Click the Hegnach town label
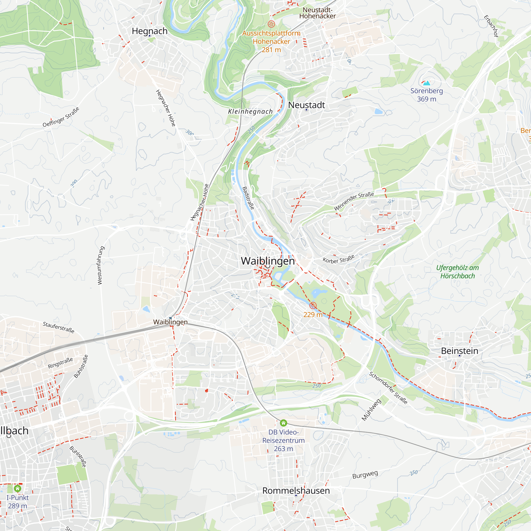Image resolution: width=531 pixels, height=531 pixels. coord(149,31)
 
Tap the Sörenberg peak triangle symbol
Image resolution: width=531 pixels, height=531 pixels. coord(427,83)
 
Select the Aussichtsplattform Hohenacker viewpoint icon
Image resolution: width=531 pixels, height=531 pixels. coord(271,24)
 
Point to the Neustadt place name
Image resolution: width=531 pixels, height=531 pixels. coord(306,105)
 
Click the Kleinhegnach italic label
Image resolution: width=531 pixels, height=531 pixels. coord(250,111)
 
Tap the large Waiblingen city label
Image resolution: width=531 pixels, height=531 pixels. coord(268,261)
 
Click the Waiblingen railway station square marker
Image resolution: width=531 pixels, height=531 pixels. coord(170,318)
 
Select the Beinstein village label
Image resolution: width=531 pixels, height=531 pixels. coord(460,351)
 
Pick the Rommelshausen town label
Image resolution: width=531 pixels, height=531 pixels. coord(296,491)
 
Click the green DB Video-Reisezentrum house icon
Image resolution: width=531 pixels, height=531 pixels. coord(283,423)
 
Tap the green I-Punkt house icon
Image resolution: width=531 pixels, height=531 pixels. coord(18,489)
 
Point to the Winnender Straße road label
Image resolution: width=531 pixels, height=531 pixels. coord(354,202)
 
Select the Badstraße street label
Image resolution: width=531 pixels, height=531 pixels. coord(248,198)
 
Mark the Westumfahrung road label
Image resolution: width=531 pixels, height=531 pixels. coord(101,265)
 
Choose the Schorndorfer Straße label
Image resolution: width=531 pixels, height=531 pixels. coord(388,388)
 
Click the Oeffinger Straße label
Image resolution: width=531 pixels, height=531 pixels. coord(61,117)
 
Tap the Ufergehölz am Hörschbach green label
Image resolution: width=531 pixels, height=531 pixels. coord(457,272)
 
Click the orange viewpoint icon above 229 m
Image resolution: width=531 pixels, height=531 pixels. coord(313,306)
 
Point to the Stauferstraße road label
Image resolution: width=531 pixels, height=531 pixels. coord(58,327)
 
